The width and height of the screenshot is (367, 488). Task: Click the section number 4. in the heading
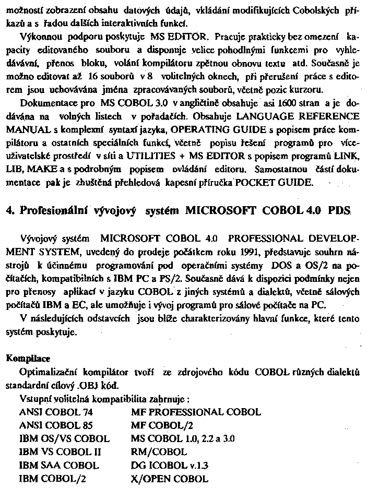[x=10, y=210]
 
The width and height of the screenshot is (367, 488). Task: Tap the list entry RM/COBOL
[x=159, y=451]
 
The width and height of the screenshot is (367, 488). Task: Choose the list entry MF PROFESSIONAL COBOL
[x=196, y=412]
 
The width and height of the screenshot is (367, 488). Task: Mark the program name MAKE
[x=40, y=169]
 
